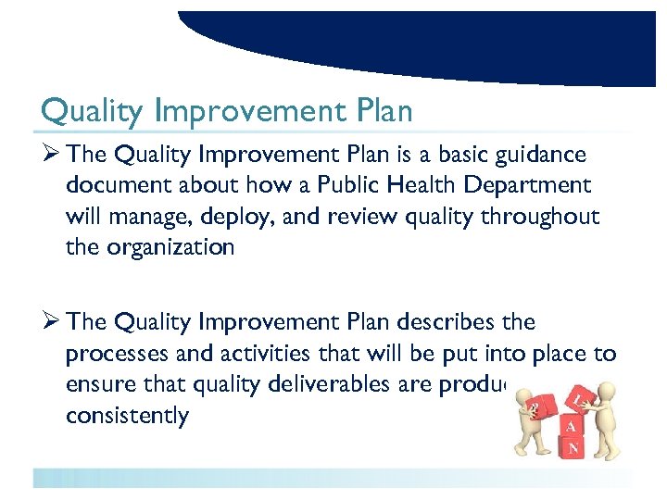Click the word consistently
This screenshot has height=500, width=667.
[x=127, y=415]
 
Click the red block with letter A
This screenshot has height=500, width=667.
[x=571, y=426]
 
